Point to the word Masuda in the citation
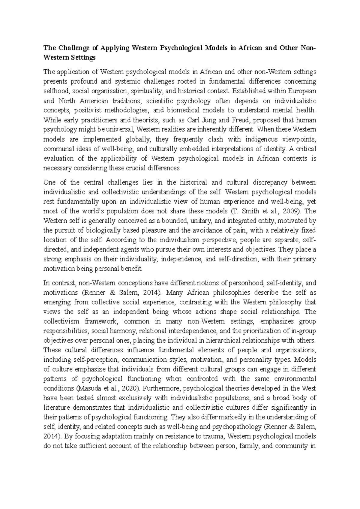coord(87,388)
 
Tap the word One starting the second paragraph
coord(49,182)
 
